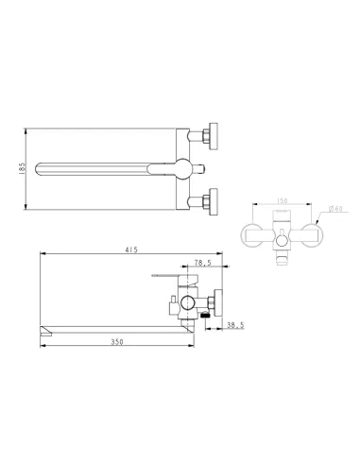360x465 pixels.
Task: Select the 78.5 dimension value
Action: (x=202, y=265)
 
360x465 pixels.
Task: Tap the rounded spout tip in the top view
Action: (x=39, y=168)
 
